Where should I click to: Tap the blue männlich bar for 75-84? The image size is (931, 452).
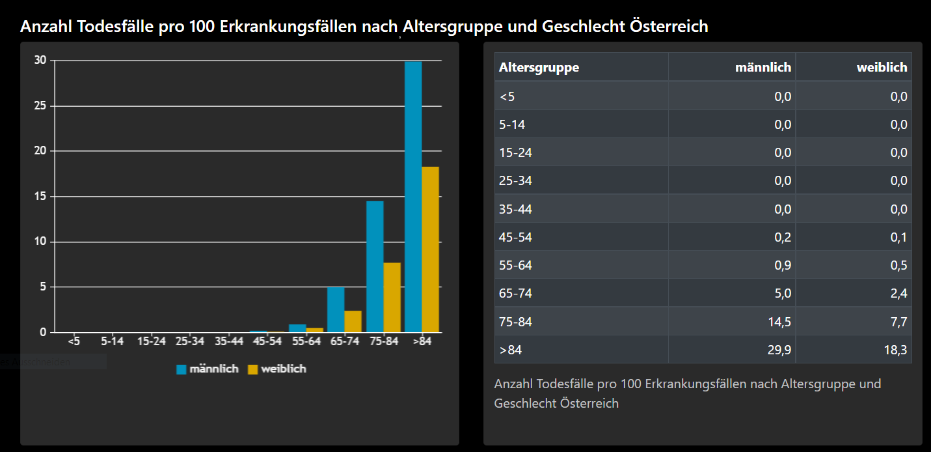pos(375,266)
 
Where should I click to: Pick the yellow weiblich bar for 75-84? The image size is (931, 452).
pos(392,297)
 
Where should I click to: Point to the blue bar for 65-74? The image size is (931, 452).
pos(336,309)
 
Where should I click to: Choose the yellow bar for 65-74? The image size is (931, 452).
pos(353,321)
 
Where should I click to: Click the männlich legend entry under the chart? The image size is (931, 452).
pos(208,369)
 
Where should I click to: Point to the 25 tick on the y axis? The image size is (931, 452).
pos(40,106)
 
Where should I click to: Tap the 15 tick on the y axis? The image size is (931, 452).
pos(40,196)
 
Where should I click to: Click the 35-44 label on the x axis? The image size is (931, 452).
pos(229,341)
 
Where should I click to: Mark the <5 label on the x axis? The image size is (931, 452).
pos(74,341)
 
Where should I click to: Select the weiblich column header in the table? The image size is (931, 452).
pos(882,67)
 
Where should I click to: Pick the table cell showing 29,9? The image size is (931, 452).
pos(779,350)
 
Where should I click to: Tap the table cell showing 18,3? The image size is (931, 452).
pos(895,350)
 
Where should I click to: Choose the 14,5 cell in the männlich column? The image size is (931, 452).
pos(779,321)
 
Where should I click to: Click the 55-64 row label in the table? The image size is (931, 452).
pos(516,265)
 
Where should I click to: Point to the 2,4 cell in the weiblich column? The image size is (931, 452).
pos(898,293)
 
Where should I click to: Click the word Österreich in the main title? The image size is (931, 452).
pos(669,27)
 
